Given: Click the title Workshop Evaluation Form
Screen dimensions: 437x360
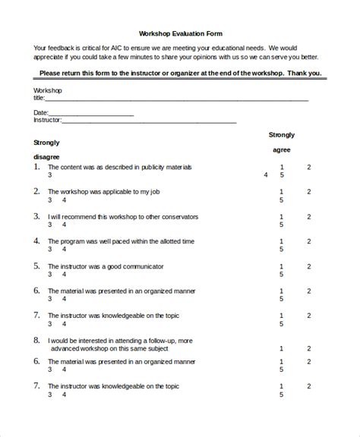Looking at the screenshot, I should click(x=179, y=33).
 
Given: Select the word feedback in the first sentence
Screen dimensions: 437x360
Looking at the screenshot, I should click(x=62, y=47).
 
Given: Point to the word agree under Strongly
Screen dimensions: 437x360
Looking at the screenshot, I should click(x=282, y=150).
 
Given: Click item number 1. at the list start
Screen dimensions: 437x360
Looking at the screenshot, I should click(x=37, y=166).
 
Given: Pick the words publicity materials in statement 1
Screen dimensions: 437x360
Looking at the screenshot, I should click(x=165, y=167).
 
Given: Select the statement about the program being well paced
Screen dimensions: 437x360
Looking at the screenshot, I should click(x=121, y=241).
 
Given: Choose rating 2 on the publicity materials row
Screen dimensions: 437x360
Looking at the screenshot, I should click(x=308, y=167).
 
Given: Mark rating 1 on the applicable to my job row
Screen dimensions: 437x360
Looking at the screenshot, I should click(x=282, y=192).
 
